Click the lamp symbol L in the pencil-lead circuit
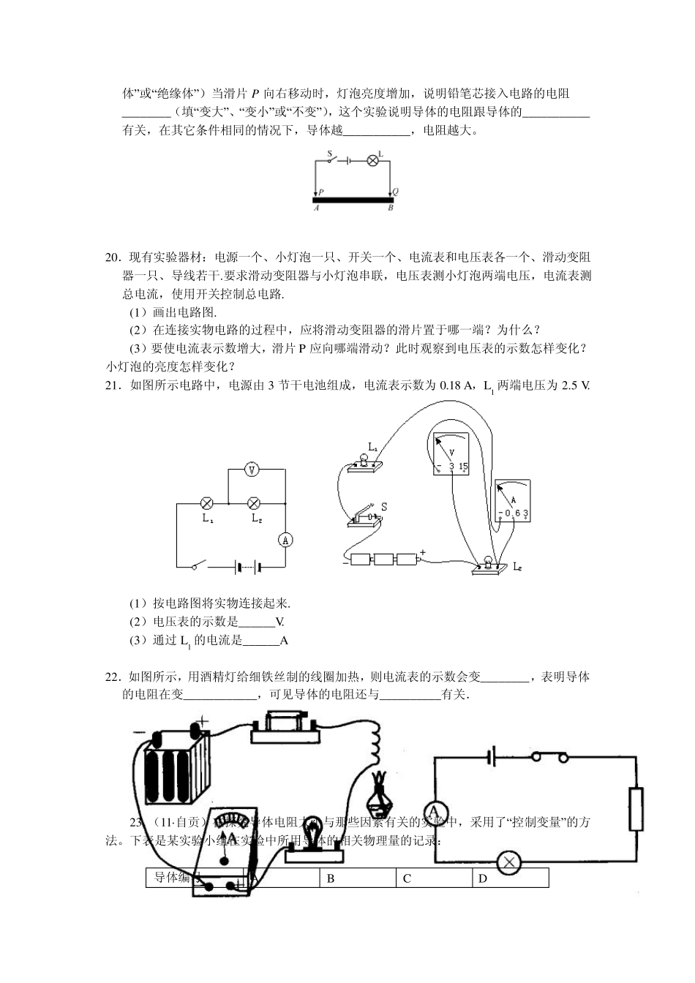(x=371, y=160)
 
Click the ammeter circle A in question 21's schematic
(x=286, y=540)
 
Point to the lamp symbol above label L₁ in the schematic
(x=207, y=503)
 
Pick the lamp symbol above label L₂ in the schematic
(x=255, y=503)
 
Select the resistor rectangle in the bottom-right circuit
(x=636, y=810)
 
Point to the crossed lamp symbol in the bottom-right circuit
(x=509, y=863)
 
